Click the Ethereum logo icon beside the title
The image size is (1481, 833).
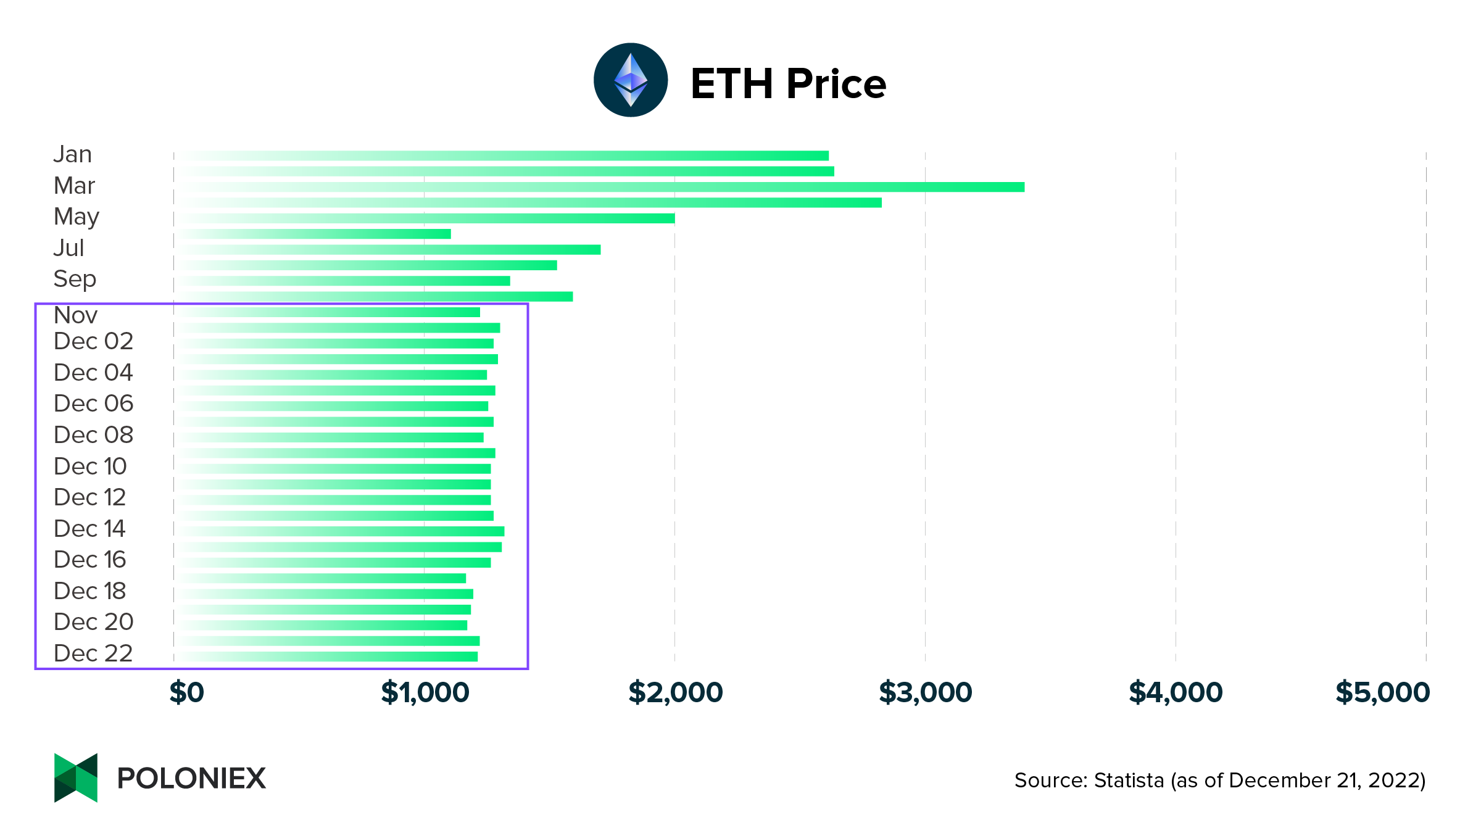pyautogui.click(x=630, y=80)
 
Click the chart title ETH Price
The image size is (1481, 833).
pyautogui.click(x=788, y=83)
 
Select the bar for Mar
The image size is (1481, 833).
pyautogui.click(x=599, y=187)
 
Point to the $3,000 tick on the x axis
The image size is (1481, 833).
pyautogui.click(x=925, y=692)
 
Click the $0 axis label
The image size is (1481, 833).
pyautogui.click(x=186, y=692)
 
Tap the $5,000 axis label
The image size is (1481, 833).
pyautogui.click(x=1382, y=692)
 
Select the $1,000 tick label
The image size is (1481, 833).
pyautogui.click(x=425, y=692)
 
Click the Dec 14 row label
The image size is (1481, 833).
pyautogui.click(x=89, y=529)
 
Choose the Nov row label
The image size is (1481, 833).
pyautogui.click(x=75, y=315)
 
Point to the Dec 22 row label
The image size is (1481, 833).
pyautogui.click(x=93, y=653)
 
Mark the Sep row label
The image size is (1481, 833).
pyautogui.click(x=75, y=279)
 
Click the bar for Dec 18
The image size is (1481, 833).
pyautogui.click(x=324, y=594)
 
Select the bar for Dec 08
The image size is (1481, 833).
pyautogui.click(x=329, y=437)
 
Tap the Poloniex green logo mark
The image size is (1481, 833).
pyautogui.click(x=76, y=777)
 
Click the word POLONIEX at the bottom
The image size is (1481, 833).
pyautogui.click(x=191, y=778)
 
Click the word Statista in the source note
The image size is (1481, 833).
pyautogui.click(x=1129, y=781)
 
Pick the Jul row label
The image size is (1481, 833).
pyautogui.click(x=68, y=248)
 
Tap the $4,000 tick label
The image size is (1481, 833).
pyautogui.click(x=1176, y=692)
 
